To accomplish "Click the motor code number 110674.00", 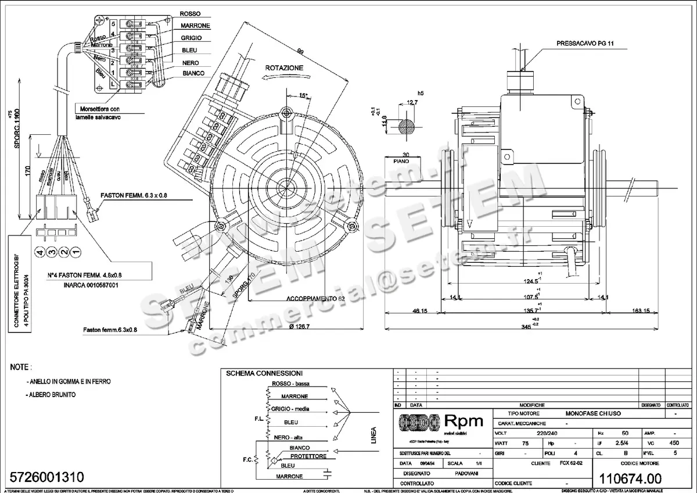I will tap(630, 478).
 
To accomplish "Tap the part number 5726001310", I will tap(47, 477).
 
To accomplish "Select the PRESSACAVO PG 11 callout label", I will tap(584, 43).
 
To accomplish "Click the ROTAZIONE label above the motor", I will tap(284, 68).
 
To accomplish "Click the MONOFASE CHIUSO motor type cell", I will tap(593, 413).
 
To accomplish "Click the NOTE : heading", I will tap(21, 368).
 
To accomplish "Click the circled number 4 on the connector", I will tap(40, 252).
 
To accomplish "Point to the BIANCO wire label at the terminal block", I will tap(193, 73).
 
